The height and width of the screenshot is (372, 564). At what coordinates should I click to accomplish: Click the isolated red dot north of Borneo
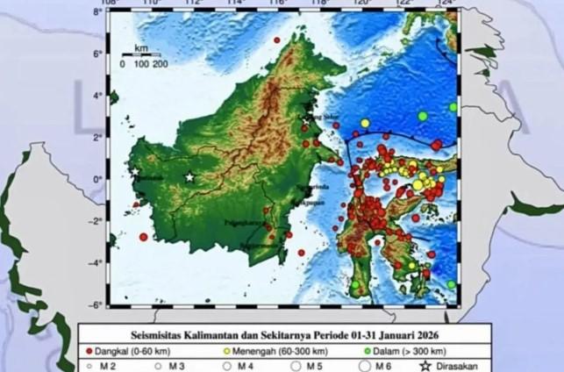pyautogui.click(x=277, y=40)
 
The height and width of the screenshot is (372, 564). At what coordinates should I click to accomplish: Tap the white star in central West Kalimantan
pyautogui.click(x=189, y=177)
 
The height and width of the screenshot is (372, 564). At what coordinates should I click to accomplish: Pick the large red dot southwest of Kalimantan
pyautogui.click(x=144, y=237)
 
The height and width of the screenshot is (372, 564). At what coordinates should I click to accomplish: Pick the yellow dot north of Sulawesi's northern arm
pyautogui.click(x=365, y=123)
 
